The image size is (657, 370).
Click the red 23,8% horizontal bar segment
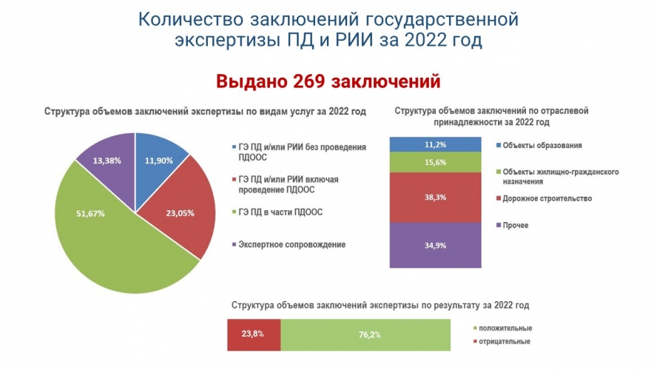pyautogui.click(x=254, y=334)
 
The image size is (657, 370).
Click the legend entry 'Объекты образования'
pyautogui.click(x=545, y=144)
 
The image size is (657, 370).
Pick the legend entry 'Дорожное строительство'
pyautogui.click(x=549, y=198)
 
